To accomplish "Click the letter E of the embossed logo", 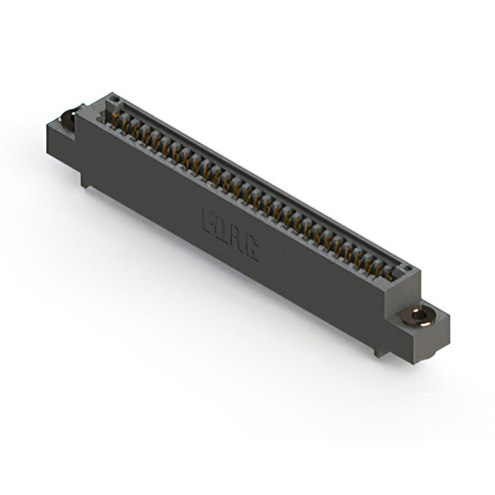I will coord(208,220).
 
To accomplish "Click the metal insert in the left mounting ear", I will coord(69,118).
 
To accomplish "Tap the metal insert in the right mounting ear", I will coord(419,315).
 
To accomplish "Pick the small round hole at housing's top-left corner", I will coord(113,100).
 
